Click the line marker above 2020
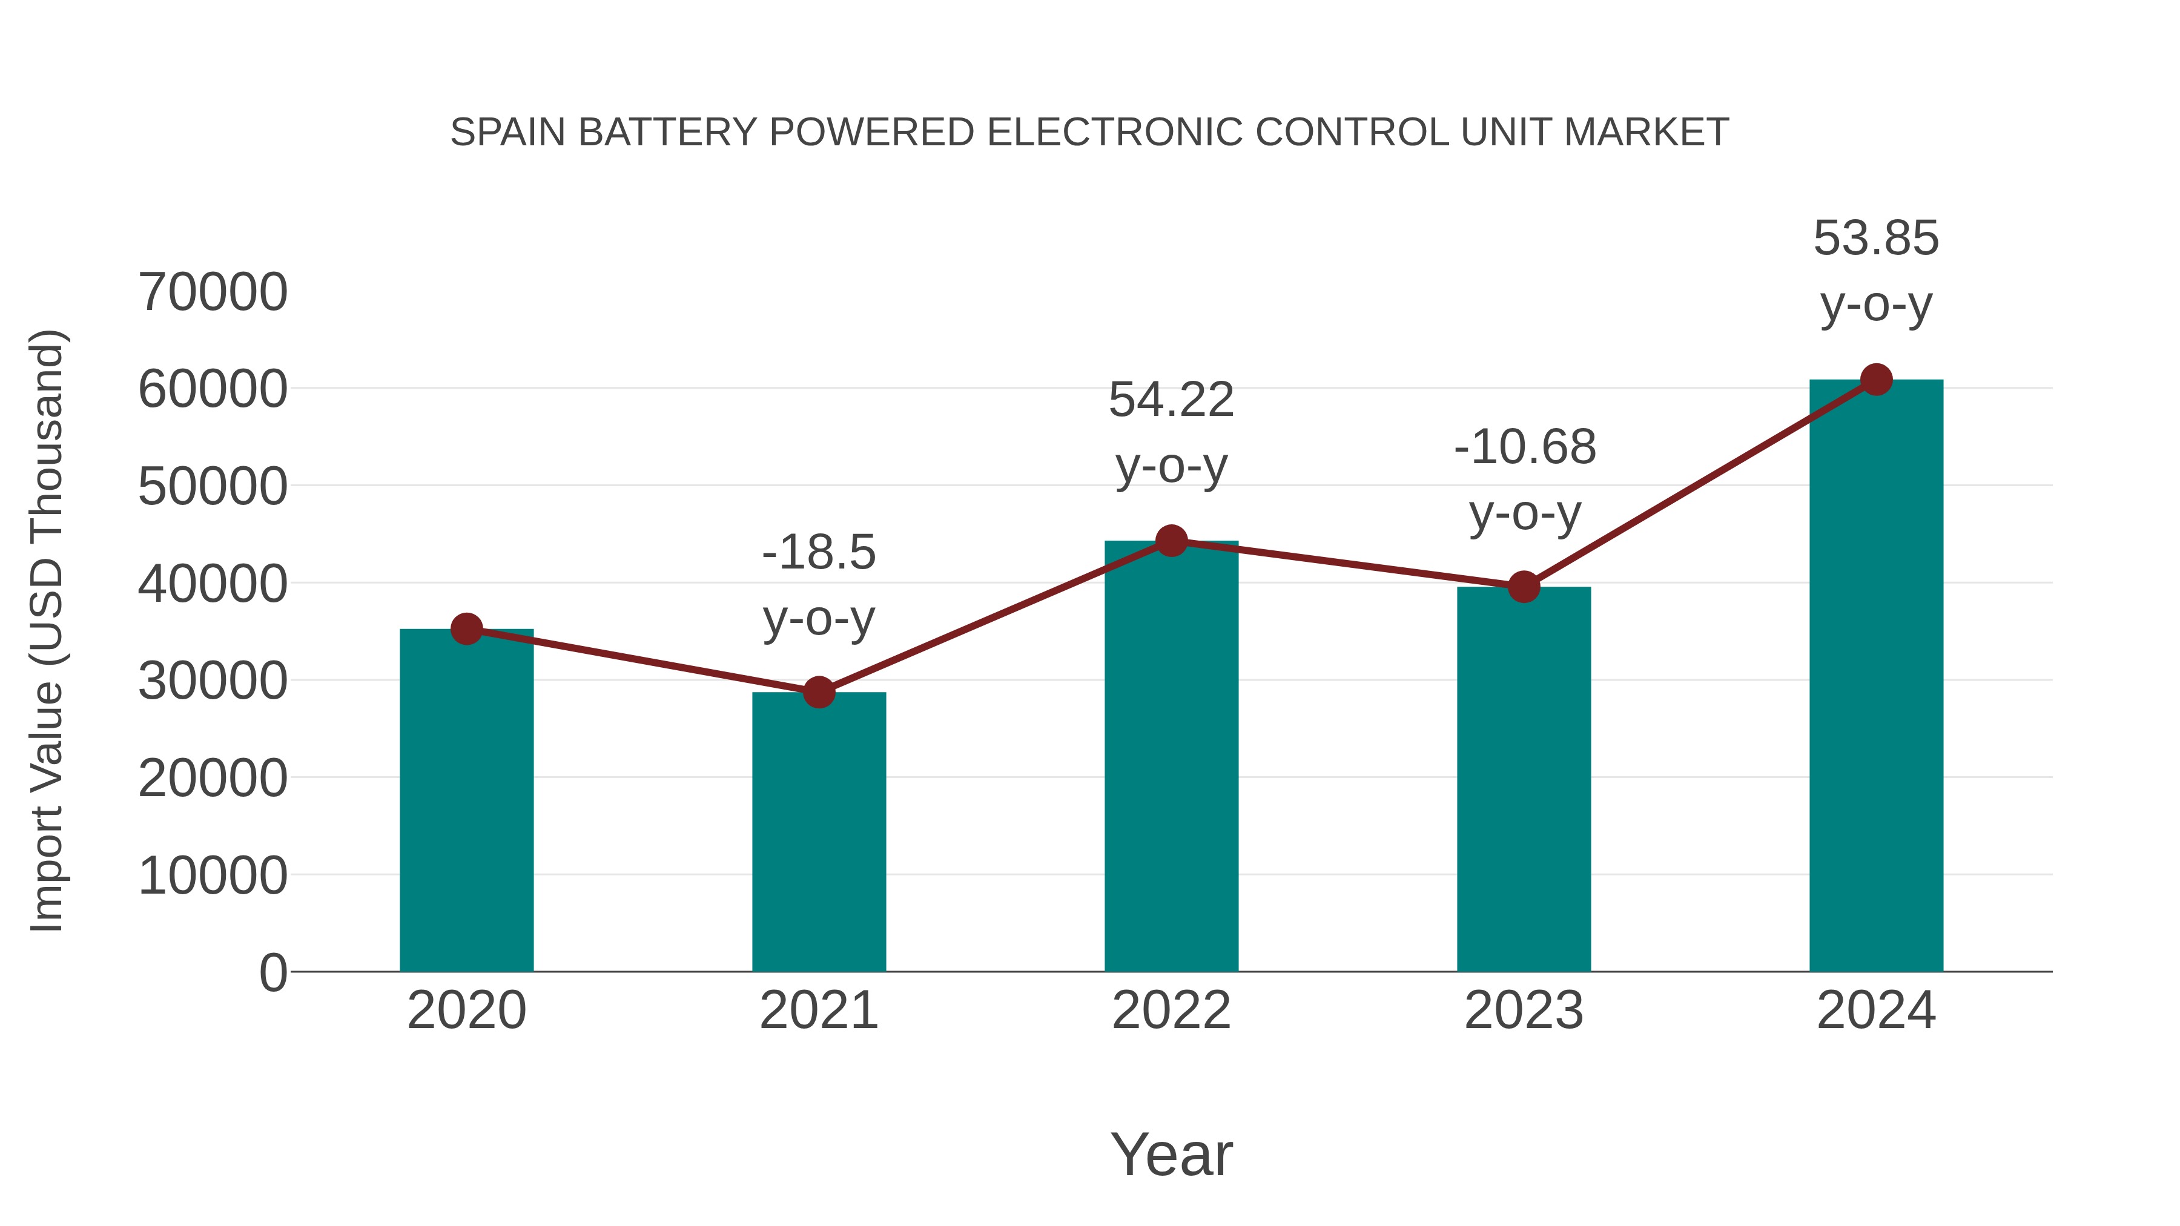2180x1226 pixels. pos(466,628)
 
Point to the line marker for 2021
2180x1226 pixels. pos(818,692)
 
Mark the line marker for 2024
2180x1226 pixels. pos(1876,380)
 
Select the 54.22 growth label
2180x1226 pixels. pos(1171,400)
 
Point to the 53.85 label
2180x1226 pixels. pos(1876,238)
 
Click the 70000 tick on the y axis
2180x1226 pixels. pos(213,293)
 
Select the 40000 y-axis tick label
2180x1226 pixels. pos(213,584)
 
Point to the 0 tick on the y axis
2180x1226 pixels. pos(272,972)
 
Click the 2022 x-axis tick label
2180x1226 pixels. pos(1171,1010)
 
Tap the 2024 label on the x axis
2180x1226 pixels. pos(1876,1010)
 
